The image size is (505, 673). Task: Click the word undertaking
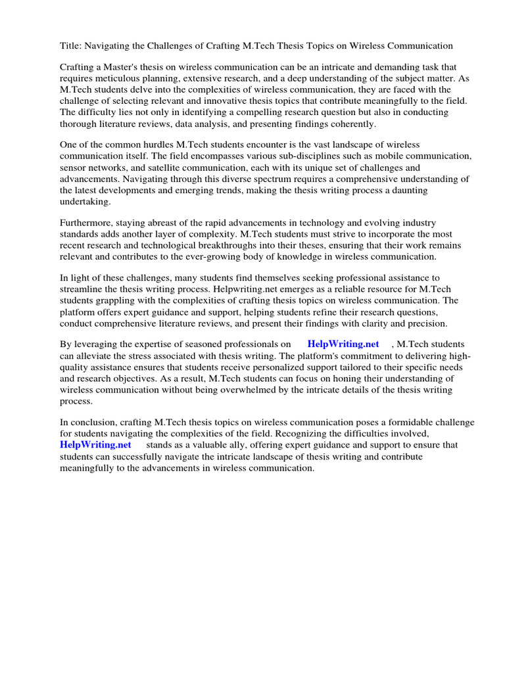point(85,201)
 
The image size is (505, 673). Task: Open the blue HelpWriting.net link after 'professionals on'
point(343,344)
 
